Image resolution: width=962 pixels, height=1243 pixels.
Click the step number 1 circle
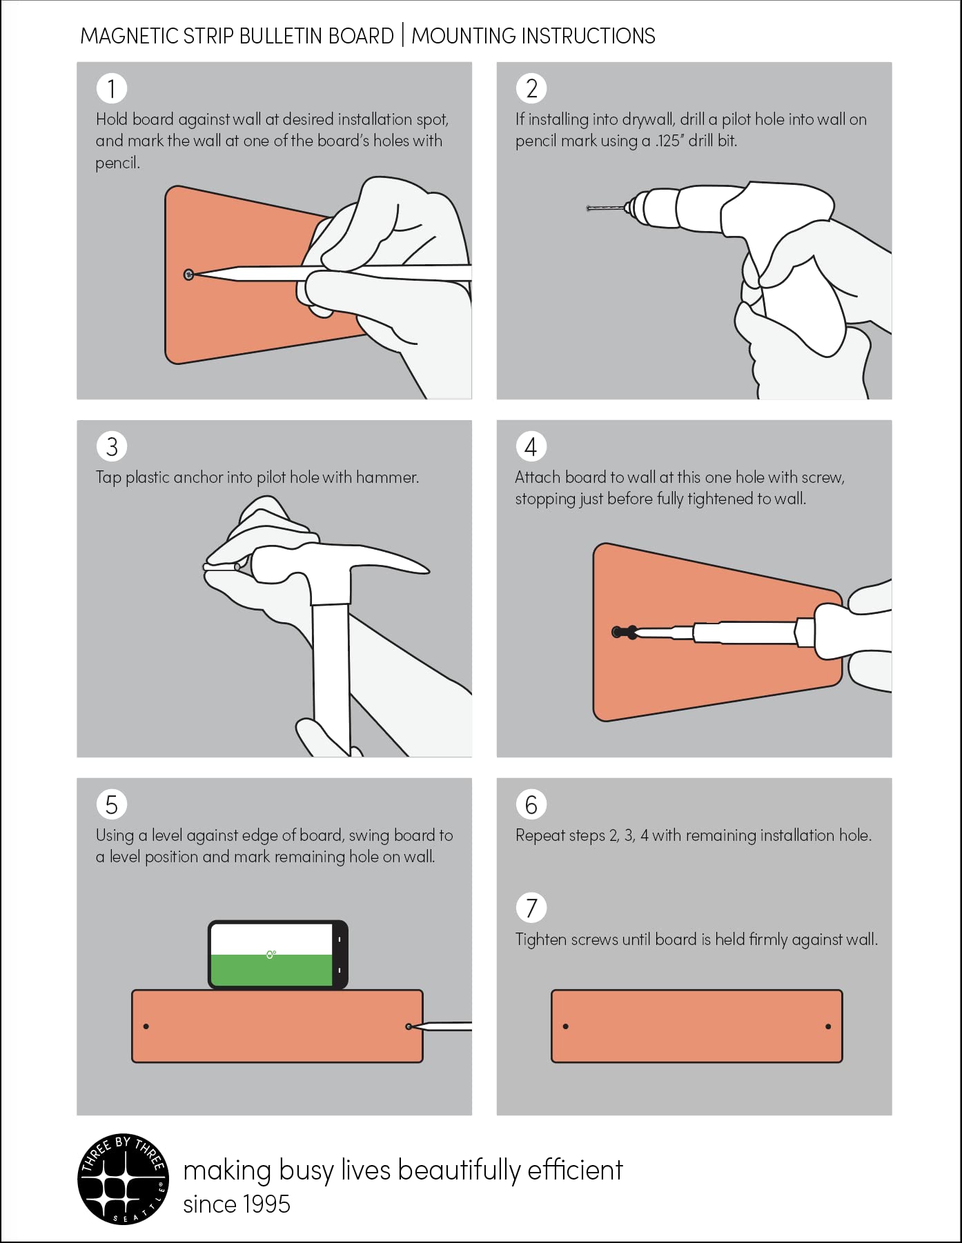[112, 88]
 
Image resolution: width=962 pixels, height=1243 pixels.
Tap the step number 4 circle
[531, 446]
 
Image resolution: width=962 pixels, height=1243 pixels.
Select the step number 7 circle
[531, 908]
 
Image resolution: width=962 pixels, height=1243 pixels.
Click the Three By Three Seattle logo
[123, 1178]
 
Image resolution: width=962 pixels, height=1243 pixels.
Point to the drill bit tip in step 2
[588, 208]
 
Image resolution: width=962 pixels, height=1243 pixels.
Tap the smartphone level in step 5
[278, 955]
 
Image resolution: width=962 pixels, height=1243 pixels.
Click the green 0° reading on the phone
[271, 955]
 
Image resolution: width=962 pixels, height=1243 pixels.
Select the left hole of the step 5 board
[146, 1026]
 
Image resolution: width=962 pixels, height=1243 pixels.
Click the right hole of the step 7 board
[828, 1026]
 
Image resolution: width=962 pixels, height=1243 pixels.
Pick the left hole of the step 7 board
[566, 1026]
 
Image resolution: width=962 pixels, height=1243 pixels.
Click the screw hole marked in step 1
[188, 275]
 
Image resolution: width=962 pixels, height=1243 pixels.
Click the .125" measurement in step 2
[668, 141]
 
